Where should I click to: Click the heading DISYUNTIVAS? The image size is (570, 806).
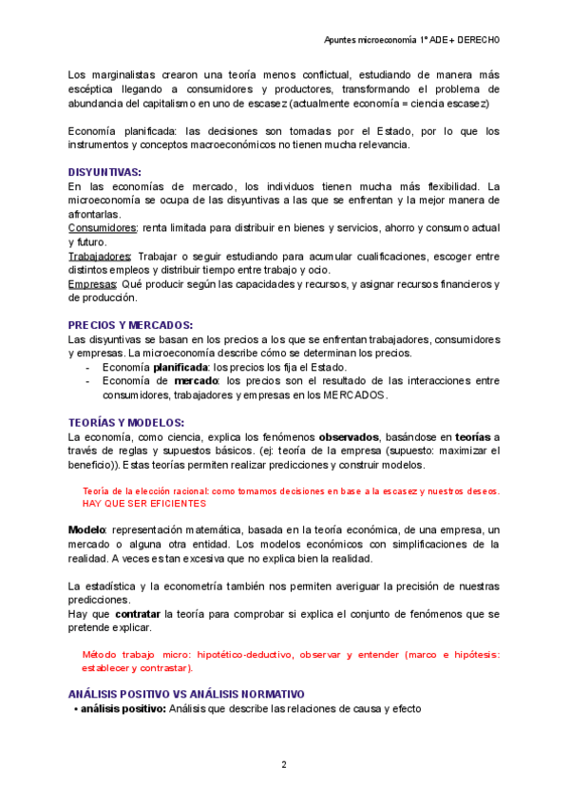click(x=104, y=172)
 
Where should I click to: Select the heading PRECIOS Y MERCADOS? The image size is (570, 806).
click(x=131, y=325)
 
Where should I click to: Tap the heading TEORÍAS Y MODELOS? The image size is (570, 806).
click(x=126, y=422)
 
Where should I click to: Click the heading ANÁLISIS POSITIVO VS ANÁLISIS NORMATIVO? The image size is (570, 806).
click(x=186, y=694)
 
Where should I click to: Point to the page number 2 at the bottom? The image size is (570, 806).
click(x=283, y=764)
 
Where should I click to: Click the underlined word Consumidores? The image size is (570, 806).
click(x=104, y=228)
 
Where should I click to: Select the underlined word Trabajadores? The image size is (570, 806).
click(x=100, y=257)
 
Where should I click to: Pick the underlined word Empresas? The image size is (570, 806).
click(x=92, y=284)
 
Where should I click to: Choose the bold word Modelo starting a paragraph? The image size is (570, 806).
click(x=87, y=529)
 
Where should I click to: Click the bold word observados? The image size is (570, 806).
click(x=350, y=436)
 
